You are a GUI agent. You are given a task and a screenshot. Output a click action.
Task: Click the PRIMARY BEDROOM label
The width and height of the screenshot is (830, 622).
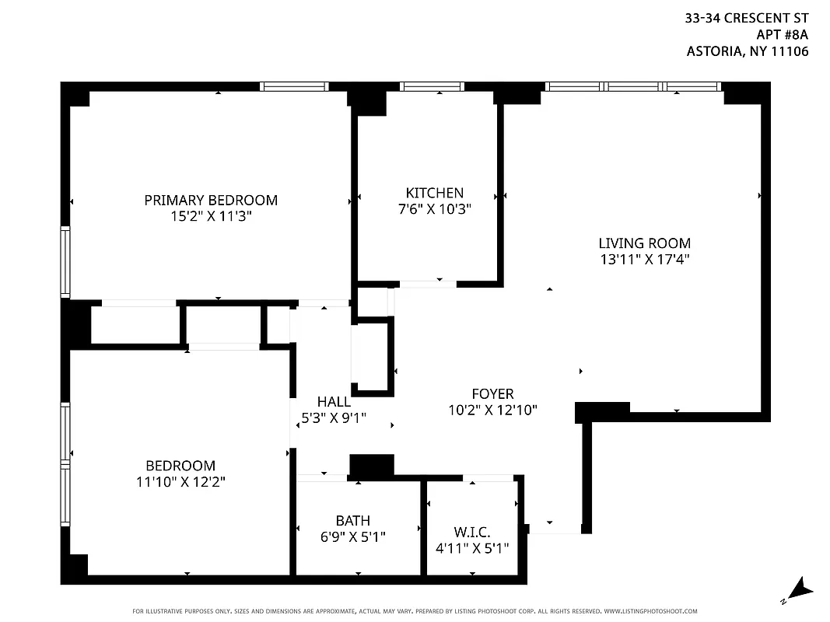coord(211,200)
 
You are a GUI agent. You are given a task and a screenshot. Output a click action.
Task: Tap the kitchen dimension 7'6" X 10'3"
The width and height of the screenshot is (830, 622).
coord(434,209)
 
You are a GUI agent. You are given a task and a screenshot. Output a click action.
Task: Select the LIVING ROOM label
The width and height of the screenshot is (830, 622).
coord(644,243)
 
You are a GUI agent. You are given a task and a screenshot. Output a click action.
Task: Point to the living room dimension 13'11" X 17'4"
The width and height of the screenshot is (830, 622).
coord(644,260)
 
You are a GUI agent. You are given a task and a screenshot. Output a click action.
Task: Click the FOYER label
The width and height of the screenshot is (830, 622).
coord(492,394)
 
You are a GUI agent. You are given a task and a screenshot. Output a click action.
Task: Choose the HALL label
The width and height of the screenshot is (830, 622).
coord(334,402)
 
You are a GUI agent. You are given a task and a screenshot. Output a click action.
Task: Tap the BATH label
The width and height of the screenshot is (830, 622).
coord(353,520)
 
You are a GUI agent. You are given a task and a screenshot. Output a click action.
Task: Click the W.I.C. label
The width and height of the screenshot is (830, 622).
coord(472,532)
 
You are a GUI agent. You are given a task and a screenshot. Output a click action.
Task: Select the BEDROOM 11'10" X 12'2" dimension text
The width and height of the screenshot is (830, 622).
coord(180,482)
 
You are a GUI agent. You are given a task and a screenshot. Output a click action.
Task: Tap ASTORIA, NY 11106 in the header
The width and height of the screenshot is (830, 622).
coord(748,52)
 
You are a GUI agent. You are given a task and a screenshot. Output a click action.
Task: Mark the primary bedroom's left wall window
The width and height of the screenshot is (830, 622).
coord(66,261)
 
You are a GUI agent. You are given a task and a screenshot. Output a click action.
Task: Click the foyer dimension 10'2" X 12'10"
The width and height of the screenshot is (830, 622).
coord(492,411)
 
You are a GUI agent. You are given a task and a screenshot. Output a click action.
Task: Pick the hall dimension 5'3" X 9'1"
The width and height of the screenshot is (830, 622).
coord(334,418)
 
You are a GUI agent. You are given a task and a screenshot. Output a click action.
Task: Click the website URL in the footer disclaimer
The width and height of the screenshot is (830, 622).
coord(650,611)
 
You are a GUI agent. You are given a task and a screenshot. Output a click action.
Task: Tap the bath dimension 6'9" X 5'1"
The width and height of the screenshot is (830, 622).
coord(353,536)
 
